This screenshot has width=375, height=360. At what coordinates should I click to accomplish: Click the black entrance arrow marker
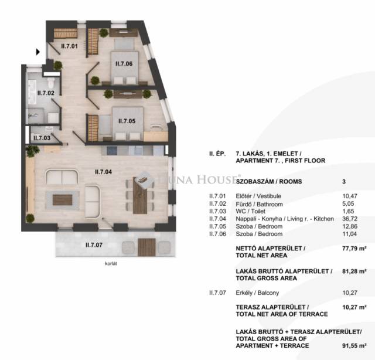pyautogui.click(x=37, y=52)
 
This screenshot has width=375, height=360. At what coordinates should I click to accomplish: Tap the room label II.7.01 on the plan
pyautogui.click(x=69, y=46)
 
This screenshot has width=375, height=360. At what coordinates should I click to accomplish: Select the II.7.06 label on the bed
pyautogui.click(x=124, y=64)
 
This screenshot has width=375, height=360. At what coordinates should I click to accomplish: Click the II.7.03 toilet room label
pyautogui.click(x=42, y=138)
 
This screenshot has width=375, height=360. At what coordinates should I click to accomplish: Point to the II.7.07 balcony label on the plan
pyautogui.click(x=94, y=245)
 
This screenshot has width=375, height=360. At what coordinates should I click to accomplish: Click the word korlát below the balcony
pyautogui.click(x=111, y=263)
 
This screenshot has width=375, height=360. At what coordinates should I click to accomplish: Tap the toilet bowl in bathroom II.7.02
pyautogui.click(x=51, y=83)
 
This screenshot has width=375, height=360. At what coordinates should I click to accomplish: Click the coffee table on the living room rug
pyautogui.click(x=63, y=200)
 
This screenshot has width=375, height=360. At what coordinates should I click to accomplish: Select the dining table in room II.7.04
pyautogui.click(x=140, y=195)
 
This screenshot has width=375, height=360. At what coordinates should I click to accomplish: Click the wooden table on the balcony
pyautogui.click(x=146, y=247)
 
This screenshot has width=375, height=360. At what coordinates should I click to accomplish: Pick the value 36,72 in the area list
pyautogui.click(x=350, y=219)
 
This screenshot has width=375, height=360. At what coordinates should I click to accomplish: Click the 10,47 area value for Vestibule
pyautogui.click(x=350, y=196)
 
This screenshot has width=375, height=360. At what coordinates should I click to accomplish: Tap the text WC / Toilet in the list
pyautogui.click(x=250, y=211)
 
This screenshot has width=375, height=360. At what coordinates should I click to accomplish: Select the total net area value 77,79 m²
pyautogui.click(x=354, y=249)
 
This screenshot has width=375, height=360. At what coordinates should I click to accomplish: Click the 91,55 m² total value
pyautogui.click(x=354, y=346)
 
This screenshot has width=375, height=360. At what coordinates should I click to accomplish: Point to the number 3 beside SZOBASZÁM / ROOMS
pyautogui.click(x=344, y=181)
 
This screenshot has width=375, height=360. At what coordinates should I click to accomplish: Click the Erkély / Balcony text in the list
pyautogui.click(x=257, y=293)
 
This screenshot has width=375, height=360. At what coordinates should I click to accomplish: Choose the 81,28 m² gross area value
pyautogui.click(x=354, y=271)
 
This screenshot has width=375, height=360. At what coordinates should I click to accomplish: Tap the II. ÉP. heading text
pyautogui.click(x=217, y=154)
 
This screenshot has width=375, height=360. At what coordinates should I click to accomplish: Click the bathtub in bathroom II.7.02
pyautogui.click(x=32, y=92)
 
